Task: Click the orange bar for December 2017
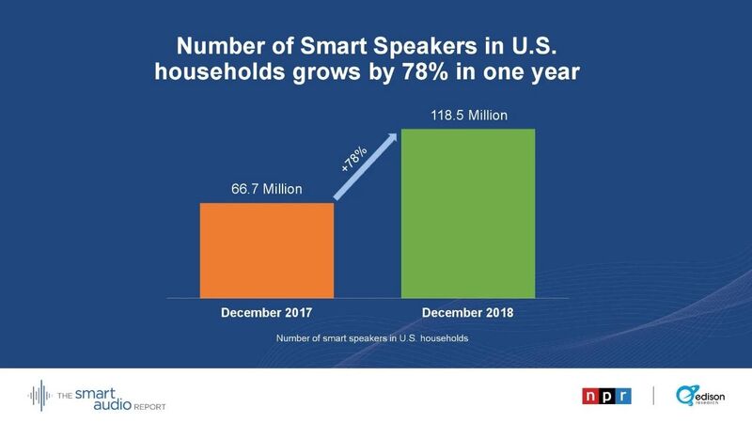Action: point(267,248)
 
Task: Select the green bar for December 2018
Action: point(468,211)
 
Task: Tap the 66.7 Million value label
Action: point(267,189)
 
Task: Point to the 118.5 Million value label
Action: point(468,115)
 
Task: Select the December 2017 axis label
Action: point(267,312)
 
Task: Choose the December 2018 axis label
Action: point(468,312)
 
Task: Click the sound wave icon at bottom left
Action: point(40,396)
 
